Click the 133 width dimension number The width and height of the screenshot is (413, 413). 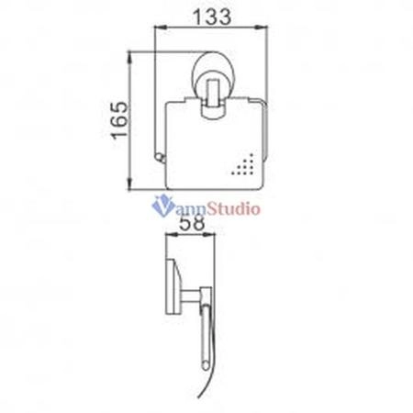point(212,17)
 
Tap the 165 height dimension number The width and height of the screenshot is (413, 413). point(119,120)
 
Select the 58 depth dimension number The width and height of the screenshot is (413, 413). point(192,223)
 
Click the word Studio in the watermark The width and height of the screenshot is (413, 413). point(233,208)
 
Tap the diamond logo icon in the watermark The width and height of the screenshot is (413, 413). point(162,206)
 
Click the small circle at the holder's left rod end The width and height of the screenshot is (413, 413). point(160,158)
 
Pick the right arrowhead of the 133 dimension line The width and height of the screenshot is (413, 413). point(262,28)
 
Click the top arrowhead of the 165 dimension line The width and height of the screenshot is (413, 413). point(129,58)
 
